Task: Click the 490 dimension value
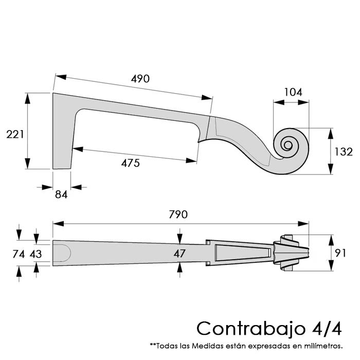click(140, 79)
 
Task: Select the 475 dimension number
click(131, 163)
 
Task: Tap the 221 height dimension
click(15, 134)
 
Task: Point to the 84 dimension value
click(61, 195)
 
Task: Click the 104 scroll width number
click(293, 92)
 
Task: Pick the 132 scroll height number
click(343, 152)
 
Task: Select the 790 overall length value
click(178, 214)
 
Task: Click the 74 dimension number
click(19, 254)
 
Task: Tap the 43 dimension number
click(35, 254)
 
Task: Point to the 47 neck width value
click(179, 254)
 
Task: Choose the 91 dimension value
click(340, 253)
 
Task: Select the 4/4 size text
click(327, 329)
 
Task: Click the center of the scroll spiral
click(287, 145)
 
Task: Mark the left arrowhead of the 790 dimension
click(58, 224)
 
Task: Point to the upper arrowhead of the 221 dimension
click(28, 98)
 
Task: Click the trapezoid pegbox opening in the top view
click(243, 253)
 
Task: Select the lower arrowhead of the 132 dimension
click(331, 169)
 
